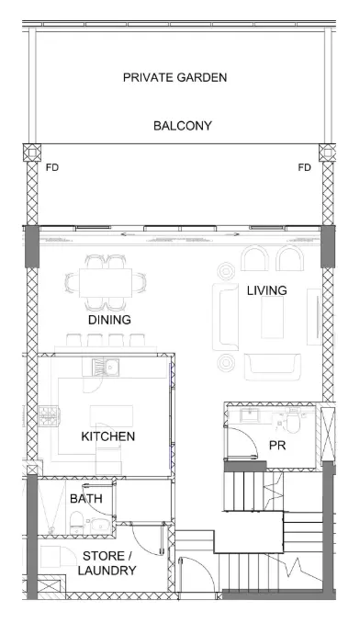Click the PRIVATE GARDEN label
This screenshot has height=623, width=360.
(x=175, y=77)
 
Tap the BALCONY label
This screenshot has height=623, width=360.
(x=183, y=126)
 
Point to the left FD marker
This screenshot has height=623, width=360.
(x=52, y=167)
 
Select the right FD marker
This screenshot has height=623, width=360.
(x=304, y=167)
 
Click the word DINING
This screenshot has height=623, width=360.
(x=109, y=320)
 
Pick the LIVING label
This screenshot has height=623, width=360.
(x=266, y=290)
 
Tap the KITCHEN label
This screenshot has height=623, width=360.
(x=108, y=436)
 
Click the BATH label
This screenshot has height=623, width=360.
(x=86, y=498)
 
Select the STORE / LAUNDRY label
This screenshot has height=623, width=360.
(x=107, y=563)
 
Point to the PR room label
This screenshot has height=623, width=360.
(x=277, y=446)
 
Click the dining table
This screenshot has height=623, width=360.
(x=106, y=282)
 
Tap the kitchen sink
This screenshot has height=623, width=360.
(x=106, y=367)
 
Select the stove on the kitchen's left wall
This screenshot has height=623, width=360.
(x=49, y=416)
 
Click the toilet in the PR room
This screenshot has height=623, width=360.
(x=293, y=422)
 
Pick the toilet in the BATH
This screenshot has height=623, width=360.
(x=76, y=523)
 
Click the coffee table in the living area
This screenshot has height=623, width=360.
(x=272, y=317)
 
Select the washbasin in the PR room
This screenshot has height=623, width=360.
(x=249, y=415)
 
